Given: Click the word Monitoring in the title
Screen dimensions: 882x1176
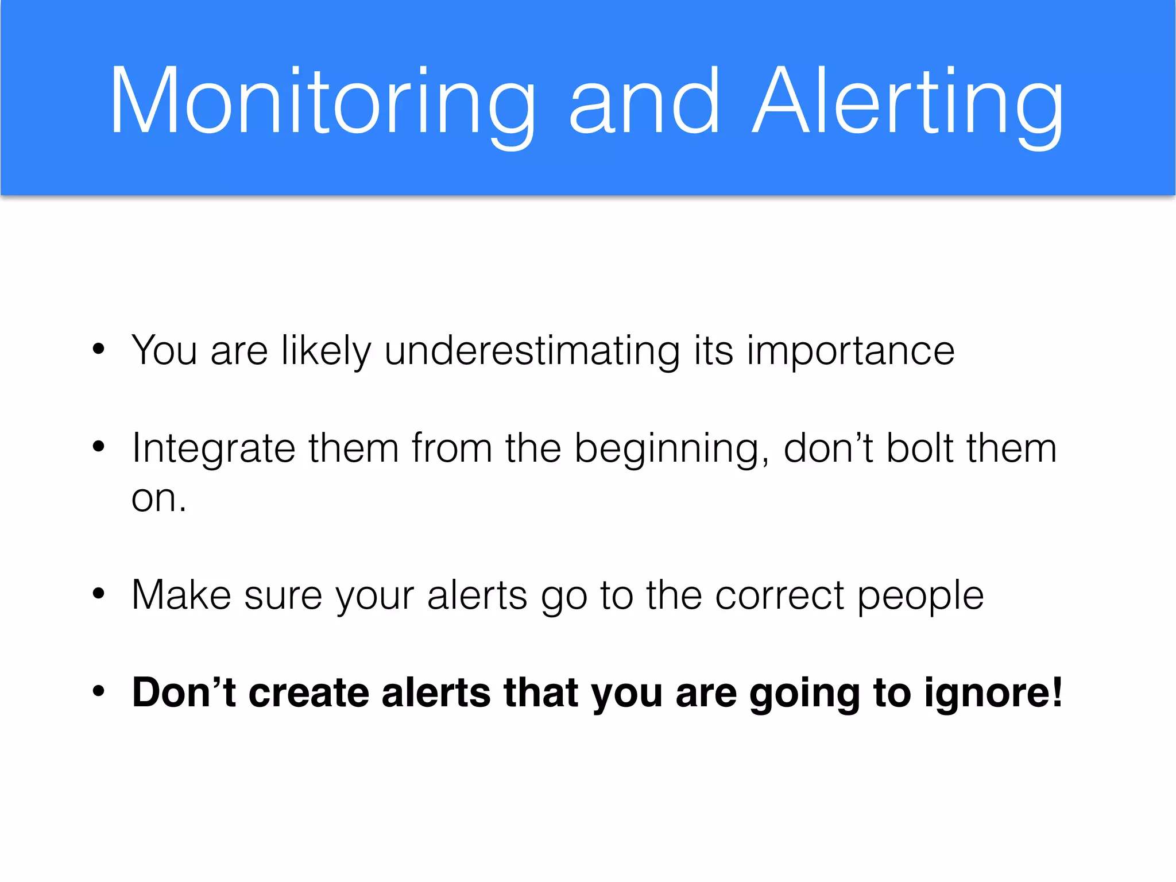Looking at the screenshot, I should coord(322,103).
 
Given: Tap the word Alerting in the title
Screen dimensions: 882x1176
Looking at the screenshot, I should coord(907,103).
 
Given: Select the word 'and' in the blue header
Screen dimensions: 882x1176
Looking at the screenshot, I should coord(643,103).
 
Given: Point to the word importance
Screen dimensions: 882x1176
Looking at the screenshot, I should coord(850,351).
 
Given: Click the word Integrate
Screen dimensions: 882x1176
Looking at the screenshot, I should coord(213,449).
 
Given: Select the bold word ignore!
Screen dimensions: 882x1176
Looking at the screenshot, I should coord(993,694).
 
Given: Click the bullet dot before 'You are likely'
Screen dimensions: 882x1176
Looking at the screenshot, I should coord(99,349).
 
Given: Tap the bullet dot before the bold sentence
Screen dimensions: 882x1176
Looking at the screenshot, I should coord(99,691).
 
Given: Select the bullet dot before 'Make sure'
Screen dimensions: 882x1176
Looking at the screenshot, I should coord(99,593).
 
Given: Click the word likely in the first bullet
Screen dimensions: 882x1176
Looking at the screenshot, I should coord(326,351).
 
